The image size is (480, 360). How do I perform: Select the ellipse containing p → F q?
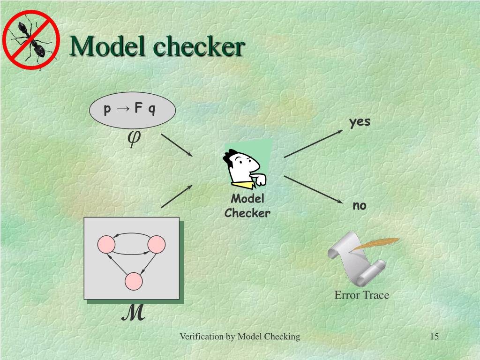click(x=132, y=110)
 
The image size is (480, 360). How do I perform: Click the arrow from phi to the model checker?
click(x=177, y=145)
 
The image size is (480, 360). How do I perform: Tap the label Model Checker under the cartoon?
click(x=247, y=206)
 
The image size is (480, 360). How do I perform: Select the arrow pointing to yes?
click(x=313, y=144)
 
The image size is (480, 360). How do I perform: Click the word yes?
click(x=360, y=122)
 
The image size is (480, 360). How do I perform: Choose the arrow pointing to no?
click(x=313, y=189)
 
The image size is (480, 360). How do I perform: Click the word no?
click(x=360, y=206)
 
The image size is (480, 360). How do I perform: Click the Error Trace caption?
click(x=361, y=295)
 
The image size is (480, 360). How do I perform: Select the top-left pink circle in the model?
click(x=106, y=244)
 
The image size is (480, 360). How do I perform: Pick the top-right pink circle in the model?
click(x=157, y=244)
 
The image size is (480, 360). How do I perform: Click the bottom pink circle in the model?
click(x=134, y=281)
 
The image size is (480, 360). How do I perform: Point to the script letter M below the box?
click(x=133, y=314)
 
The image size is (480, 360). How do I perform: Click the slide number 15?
click(x=434, y=337)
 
